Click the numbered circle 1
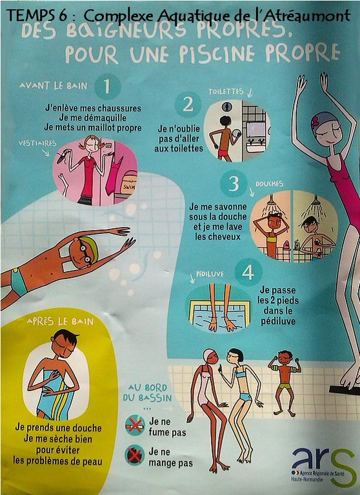pos(107,86)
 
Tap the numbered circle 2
pos(188,104)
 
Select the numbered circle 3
pos(234,184)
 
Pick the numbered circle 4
pos(248,272)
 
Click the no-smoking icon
pos(135,425)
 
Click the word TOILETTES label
pos(226,92)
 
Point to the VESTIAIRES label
pos(37,143)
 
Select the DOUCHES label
pos(269,184)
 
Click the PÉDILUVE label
pos(210,274)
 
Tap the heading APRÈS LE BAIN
pos(61,322)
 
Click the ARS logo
pos(323,465)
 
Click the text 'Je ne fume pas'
pos(168,427)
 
